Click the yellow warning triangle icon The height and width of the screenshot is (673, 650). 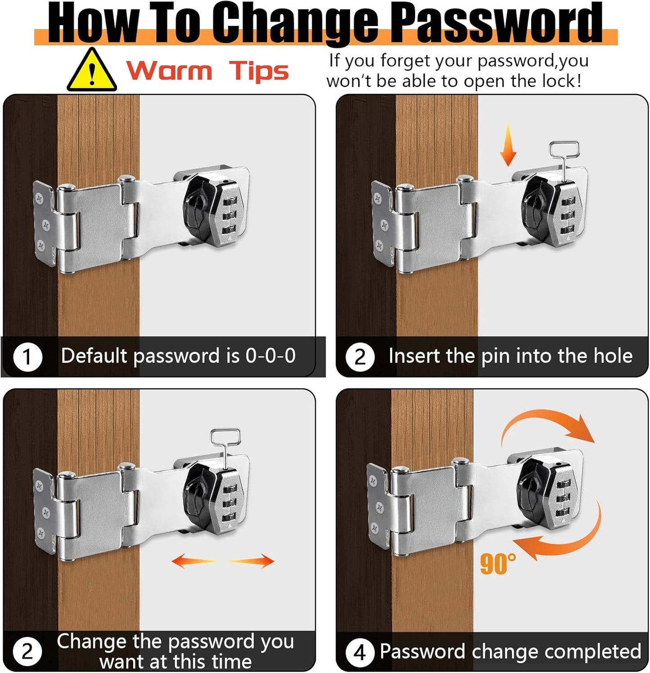(92, 71)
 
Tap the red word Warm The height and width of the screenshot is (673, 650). (169, 71)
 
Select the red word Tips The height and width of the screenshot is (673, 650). (259, 71)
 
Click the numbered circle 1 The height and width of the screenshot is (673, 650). (27, 357)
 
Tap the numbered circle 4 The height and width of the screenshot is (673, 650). (360, 652)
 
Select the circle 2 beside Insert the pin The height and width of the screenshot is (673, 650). (360, 357)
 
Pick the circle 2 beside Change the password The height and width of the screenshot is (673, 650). (27, 651)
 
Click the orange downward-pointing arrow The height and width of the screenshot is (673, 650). (508, 144)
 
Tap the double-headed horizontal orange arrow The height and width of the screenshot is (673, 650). (223, 561)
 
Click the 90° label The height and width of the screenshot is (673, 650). (498, 563)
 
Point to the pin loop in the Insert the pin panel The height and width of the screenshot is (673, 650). (564, 149)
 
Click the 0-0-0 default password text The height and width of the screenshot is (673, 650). (270, 356)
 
